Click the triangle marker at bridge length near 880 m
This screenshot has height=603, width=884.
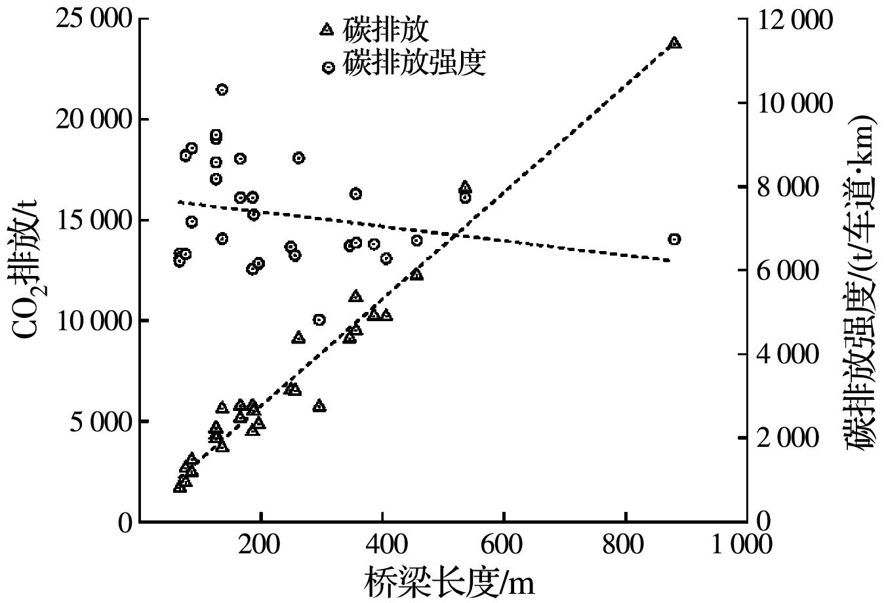pos(674,43)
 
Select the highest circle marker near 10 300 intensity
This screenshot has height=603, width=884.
pos(222,90)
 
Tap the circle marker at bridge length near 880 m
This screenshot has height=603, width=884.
pos(674,239)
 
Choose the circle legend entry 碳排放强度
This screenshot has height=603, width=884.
pos(406,65)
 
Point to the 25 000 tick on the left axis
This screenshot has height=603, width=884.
pos(95,19)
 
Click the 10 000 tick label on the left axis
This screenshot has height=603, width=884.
pos(95,321)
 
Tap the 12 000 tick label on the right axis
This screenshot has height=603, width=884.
pos(786,19)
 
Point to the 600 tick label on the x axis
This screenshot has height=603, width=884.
pos(504,543)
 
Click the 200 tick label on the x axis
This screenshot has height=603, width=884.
pos(260,543)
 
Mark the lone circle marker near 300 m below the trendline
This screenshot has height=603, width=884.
pos(319,320)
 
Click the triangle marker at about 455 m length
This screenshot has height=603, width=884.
pos(416,275)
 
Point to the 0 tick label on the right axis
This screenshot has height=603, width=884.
pos(761,522)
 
